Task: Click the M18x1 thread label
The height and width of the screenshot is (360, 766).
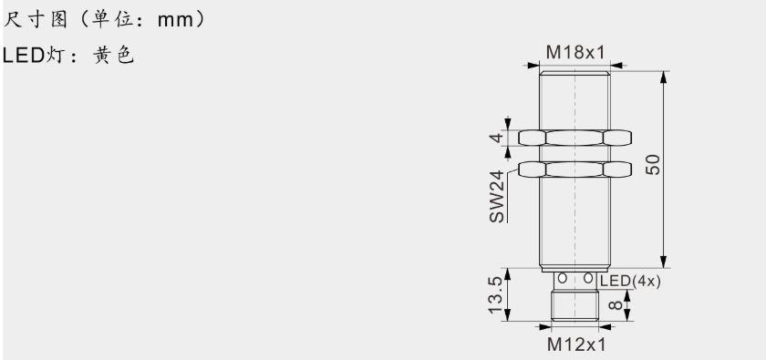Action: click(x=575, y=53)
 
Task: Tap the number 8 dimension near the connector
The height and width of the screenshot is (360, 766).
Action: click(x=613, y=304)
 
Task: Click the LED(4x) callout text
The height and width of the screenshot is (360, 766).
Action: click(x=629, y=281)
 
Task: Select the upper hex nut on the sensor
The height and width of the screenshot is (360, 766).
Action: click(x=575, y=138)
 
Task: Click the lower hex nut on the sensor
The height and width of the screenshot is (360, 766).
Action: click(x=575, y=169)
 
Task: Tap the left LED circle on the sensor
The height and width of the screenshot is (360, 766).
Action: click(x=563, y=277)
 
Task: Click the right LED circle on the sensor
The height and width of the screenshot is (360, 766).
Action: click(x=588, y=277)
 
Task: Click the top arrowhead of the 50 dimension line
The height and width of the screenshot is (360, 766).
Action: click(x=663, y=73)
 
